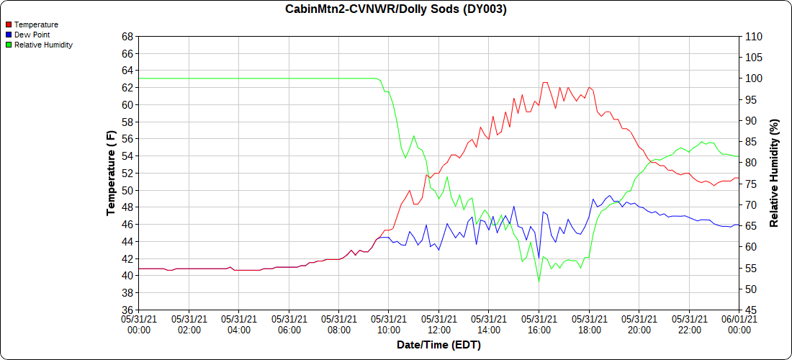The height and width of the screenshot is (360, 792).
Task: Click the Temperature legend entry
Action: [36, 24]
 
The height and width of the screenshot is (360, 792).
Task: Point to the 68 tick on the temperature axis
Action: [127, 36]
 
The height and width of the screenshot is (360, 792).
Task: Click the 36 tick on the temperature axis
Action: [127, 310]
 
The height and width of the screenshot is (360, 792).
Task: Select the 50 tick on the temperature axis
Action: [127, 191]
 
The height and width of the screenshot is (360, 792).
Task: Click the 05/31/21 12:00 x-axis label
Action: [438, 323]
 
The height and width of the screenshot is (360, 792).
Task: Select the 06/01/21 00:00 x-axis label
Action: [739, 323]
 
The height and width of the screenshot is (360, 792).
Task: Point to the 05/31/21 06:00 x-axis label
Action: [289, 323]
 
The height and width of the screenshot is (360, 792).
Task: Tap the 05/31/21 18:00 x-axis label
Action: [589, 323]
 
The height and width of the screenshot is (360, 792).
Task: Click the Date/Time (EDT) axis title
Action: [438, 345]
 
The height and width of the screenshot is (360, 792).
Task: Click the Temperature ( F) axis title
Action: [111, 173]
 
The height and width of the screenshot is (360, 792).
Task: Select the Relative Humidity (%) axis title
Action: [774, 173]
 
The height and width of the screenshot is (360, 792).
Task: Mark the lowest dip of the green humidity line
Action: [539, 282]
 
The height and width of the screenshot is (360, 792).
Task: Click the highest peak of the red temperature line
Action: [544, 82]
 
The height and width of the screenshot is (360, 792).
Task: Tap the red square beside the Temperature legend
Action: [9, 24]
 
